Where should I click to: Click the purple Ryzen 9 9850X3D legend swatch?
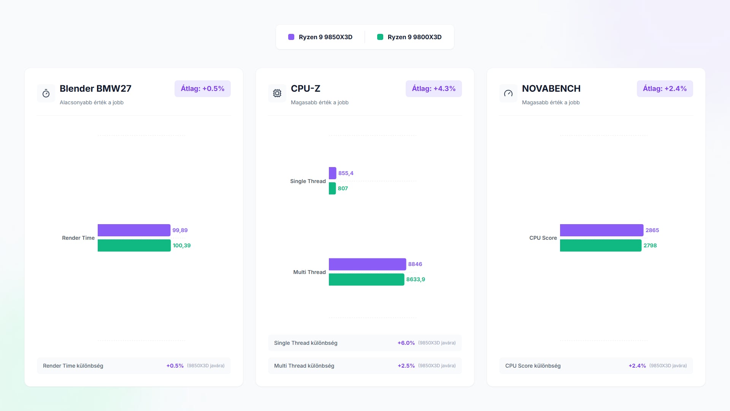[x=291, y=37]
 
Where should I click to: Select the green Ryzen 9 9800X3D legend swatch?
[x=380, y=37]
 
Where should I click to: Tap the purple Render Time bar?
[x=134, y=230]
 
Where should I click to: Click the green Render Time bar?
[x=134, y=245]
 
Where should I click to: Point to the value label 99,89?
[x=180, y=230]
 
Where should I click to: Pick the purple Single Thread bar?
[x=332, y=173]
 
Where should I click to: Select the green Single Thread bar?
[x=332, y=188]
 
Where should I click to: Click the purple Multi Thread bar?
[x=367, y=264]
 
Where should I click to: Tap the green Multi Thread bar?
[x=367, y=279]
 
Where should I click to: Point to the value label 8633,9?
[x=416, y=279]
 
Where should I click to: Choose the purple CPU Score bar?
[x=601, y=230]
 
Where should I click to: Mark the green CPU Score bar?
[x=601, y=245]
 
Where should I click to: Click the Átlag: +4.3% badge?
[x=433, y=89]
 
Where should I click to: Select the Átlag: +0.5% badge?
[x=202, y=89]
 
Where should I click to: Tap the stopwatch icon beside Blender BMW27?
[x=46, y=93]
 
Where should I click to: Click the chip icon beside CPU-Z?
[x=277, y=93]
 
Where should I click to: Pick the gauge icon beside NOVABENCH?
[x=508, y=93]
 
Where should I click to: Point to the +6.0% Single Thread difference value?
[x=406, y=343]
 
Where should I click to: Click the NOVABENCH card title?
[x=551, y=89]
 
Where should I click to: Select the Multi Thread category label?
[x=309, y=272]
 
